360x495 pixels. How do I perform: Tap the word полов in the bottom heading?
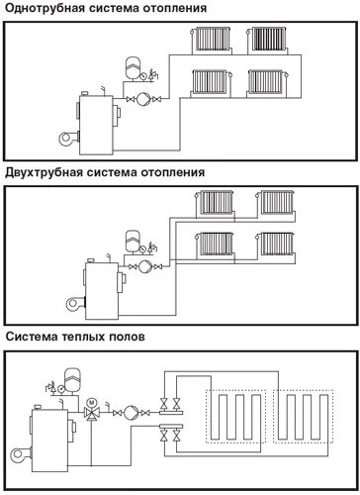(126, 336)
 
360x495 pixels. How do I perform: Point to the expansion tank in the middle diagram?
(132, 240)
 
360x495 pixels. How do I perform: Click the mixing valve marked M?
(92, 405)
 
